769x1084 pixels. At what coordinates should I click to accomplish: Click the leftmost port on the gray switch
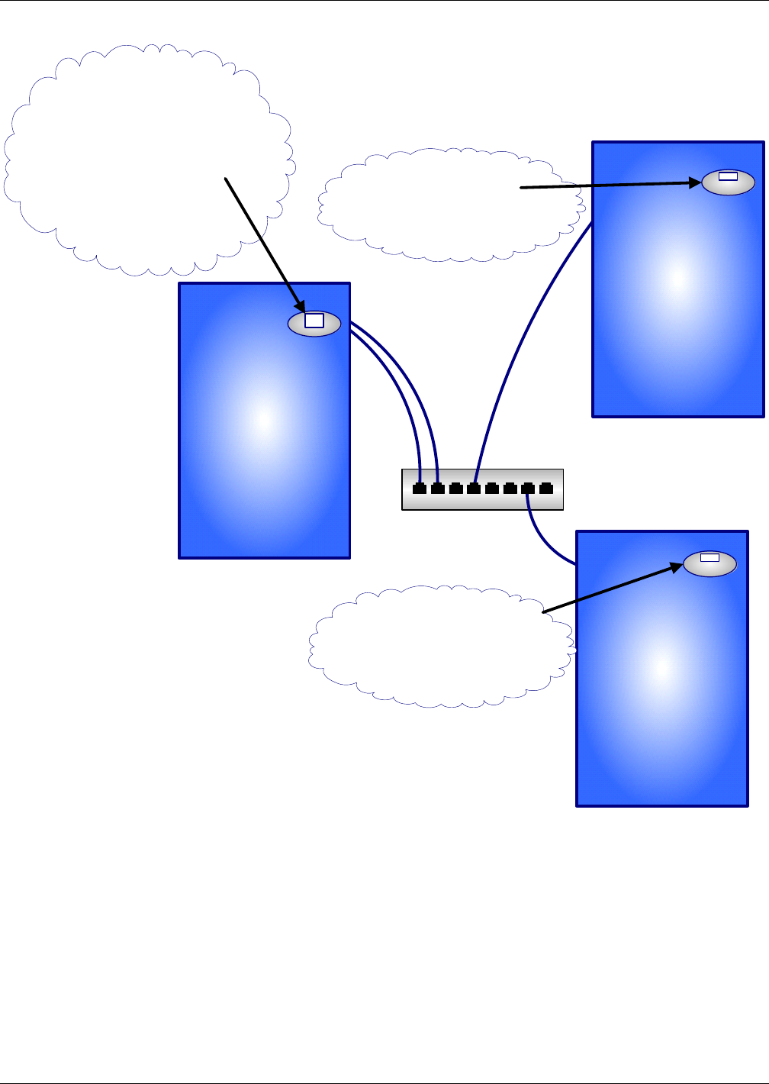coord(420,489)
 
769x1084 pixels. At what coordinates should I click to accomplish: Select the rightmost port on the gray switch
coord(546,489)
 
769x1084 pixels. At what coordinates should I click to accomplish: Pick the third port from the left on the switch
coord(456,489)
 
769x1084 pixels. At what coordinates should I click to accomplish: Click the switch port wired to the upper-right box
coord(474,489)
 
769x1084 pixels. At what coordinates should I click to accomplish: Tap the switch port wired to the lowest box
coord(528,489)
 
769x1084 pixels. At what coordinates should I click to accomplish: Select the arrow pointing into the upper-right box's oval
coord(610,185)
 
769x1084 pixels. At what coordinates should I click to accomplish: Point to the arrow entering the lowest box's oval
coord(610,589)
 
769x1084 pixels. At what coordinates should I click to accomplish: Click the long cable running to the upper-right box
coord(519,344)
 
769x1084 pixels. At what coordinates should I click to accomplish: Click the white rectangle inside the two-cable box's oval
coord(314,321)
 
